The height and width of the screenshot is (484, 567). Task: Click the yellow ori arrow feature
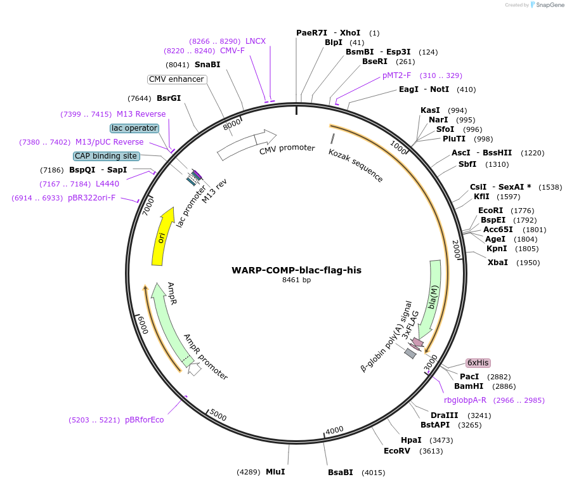pos(162,237)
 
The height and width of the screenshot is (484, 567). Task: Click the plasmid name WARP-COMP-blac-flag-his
pos(296,270)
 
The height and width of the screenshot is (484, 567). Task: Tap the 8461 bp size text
pos(296,280)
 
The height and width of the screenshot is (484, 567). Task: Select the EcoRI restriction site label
pos(490,211)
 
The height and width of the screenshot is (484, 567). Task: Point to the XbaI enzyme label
pos(497,262)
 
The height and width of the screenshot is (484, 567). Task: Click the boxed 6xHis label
pos(478,363)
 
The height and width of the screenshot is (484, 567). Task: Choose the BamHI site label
pos(469,386)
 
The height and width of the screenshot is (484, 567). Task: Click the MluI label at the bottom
pos(275,471)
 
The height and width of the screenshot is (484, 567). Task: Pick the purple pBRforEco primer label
pos(144,419)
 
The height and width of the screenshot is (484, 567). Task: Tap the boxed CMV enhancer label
pos(176,79)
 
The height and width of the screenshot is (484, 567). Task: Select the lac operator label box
pos(134,128)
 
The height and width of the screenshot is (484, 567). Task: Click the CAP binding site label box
pos(105,155)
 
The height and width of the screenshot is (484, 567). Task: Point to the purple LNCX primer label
pos(256,41)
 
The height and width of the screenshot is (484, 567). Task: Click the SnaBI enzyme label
pos(207,64)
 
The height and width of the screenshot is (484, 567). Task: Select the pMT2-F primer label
pos(397,75)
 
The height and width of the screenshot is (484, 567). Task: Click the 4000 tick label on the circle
pos(334,431)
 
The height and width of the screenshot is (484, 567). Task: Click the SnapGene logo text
pos(549,5)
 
